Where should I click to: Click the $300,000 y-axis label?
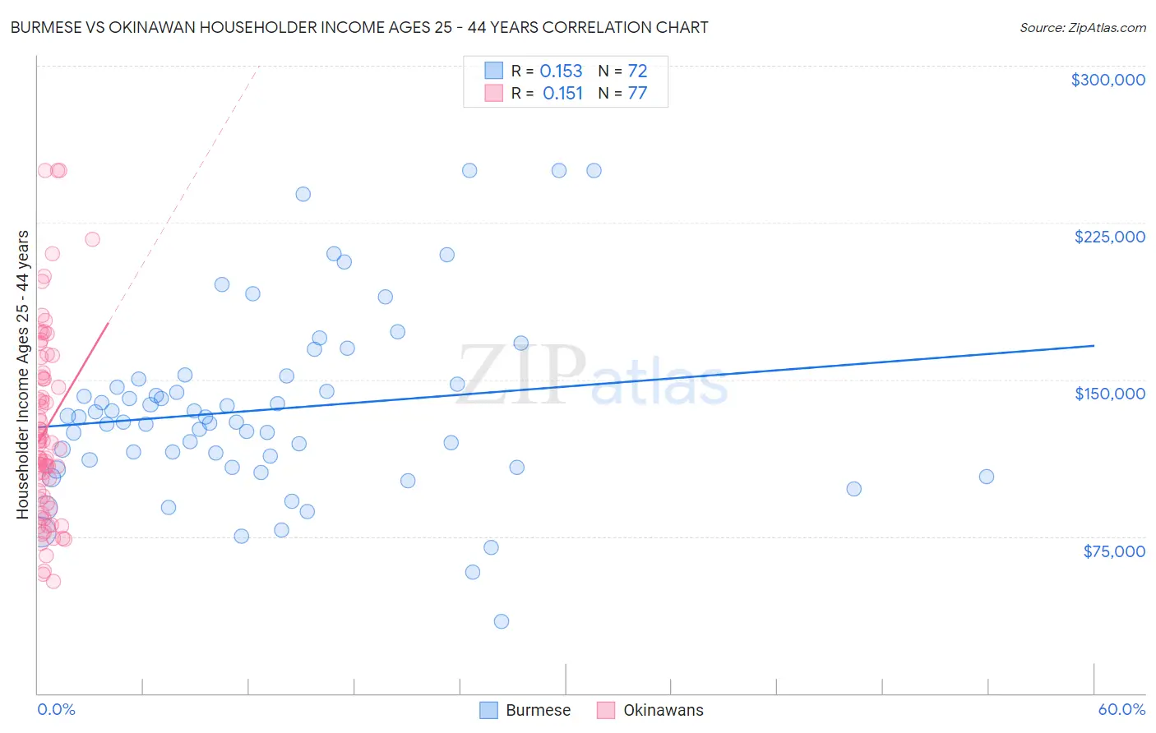click(x=1107, y=80)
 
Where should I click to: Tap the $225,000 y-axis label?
click(x=1109, y=237)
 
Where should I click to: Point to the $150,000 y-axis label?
click(x=1109, y=394)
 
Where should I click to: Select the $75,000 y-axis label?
click(x=1113, y=551)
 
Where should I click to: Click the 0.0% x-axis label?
click(x=56, y=709)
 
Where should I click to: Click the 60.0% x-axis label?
click(x=1121, y=709)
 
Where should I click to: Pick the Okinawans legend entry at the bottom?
click(x=650, y=710)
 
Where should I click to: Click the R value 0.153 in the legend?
click(x=561, y=71)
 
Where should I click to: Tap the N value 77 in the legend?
click(x=637, y=93)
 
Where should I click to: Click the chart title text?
click(x=359, y=27)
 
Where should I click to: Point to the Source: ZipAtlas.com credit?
click(x=1082, y=27)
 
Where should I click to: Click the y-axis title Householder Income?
click(x=23, y=374)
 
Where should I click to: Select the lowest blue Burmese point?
click(x=502, y=621)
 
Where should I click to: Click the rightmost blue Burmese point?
click(x=987, y=477)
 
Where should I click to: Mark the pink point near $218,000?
click(x=92, y=239)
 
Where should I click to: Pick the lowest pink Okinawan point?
click(x=53, y=581)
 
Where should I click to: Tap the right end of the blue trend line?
click(x=1094, y=346)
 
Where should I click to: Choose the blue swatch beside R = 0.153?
click(x=493, y=71)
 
